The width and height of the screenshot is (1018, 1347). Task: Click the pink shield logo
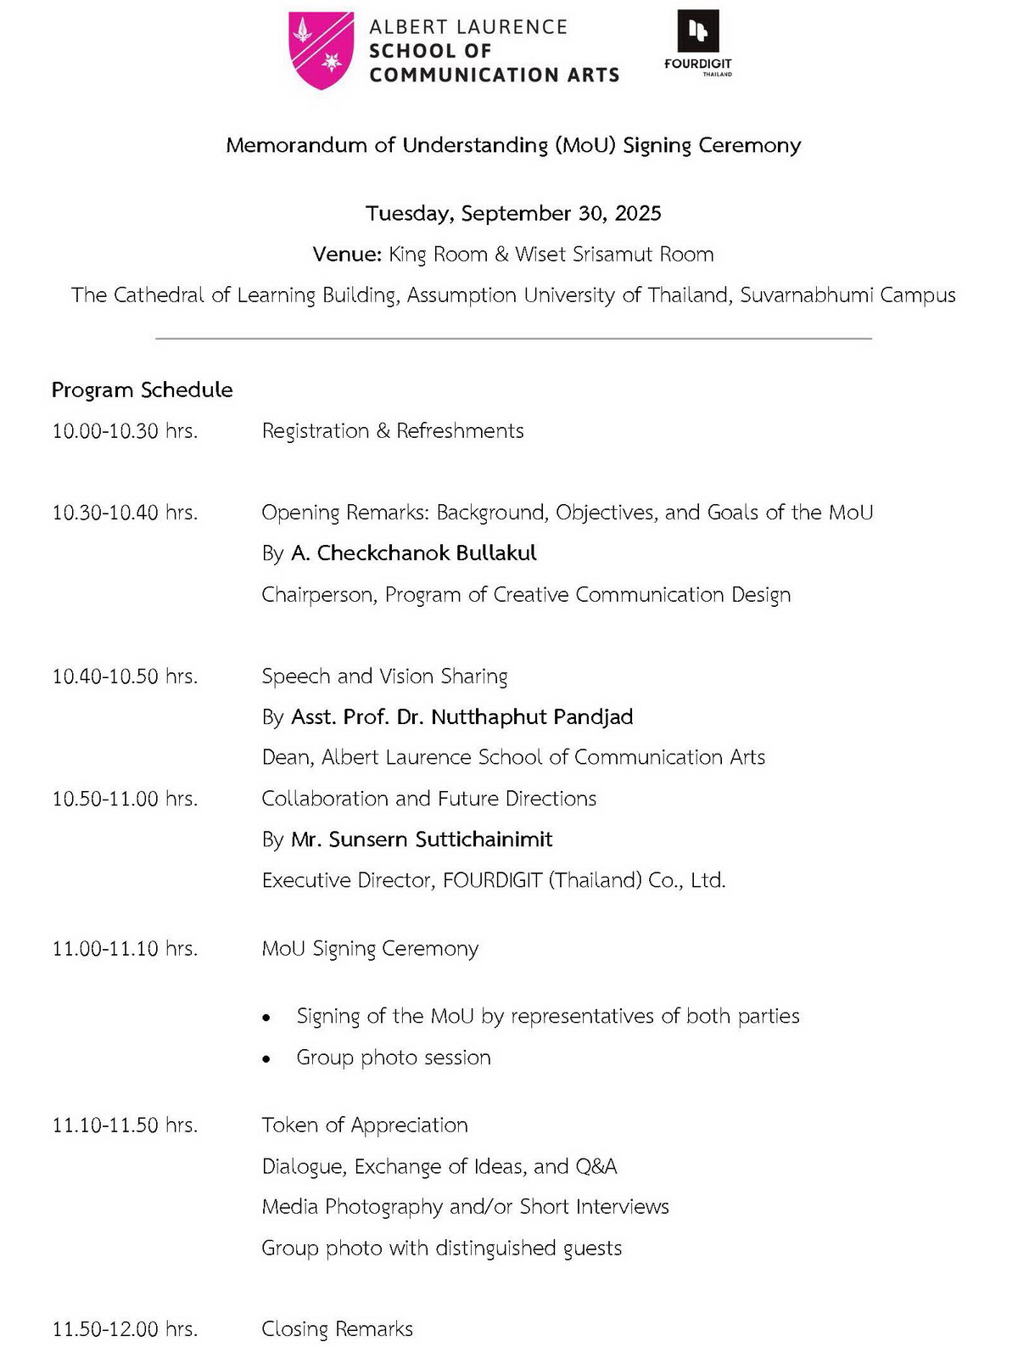pos(321,50)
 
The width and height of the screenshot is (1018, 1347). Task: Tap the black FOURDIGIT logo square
pos(697,31)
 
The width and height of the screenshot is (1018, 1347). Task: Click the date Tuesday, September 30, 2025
pos(513,213)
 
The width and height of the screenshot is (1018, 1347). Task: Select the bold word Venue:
pos(346,255)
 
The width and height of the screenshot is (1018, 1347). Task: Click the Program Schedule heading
pos(142,390)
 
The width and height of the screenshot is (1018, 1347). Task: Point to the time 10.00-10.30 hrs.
pos(125,431)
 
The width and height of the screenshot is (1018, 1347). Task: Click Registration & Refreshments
pos(392,431)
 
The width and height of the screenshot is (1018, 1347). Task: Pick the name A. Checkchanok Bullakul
pos(413,553)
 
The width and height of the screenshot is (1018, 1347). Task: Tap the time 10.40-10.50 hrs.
pos(125,676)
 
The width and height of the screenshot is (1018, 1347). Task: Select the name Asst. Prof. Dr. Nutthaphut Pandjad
pos(461,717)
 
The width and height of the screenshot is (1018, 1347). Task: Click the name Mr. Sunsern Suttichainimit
pos(422,839)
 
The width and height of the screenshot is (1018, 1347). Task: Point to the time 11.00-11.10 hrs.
pos(125,949)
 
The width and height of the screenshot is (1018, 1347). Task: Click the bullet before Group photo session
pos(267,1059)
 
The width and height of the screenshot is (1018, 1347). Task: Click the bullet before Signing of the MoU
pos(267,1018)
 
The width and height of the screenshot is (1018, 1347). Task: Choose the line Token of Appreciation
pos(365,1125)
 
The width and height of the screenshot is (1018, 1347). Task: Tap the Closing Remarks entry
pos(337,1328)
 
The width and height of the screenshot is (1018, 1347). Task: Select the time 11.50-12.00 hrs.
pos(125,1329)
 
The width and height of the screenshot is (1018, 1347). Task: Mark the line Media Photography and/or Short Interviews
pos(465,1207)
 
